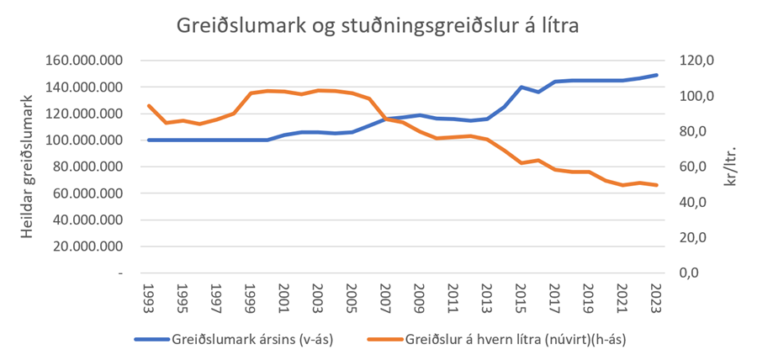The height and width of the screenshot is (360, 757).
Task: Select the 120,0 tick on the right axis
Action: tap(697, 61)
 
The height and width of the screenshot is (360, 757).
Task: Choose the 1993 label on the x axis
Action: tap(149, 296)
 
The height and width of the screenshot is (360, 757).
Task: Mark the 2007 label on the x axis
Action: tap(386, 296)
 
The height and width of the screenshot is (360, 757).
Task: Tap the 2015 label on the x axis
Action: tap(521, 296)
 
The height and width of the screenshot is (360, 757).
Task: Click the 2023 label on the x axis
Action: tap(657, 296)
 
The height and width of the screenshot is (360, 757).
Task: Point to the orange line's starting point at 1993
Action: tap(149, 106)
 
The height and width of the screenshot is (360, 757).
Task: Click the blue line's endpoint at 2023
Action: tap(657, 75)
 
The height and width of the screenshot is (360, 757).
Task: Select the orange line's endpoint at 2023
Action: tap(657, 185)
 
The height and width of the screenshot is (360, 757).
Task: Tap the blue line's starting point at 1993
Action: tap(149, 140)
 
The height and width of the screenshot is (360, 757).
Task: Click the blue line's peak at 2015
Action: tap(521, 87)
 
